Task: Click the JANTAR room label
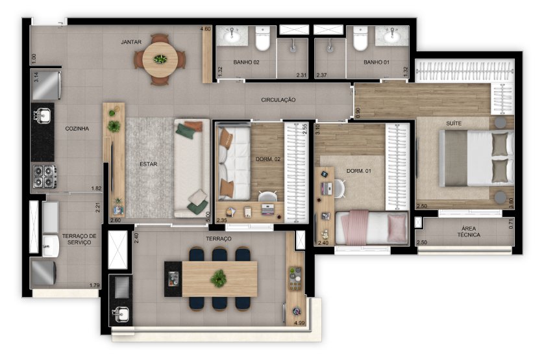click(131, 42)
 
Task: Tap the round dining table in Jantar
click(160, 59)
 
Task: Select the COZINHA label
click(77, 129)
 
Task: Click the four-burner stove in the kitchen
click(45, 176)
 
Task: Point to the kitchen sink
click(42, 115)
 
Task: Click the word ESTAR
click(149, 164)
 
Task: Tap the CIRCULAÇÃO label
click(278, 100)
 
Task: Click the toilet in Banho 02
click(263, 38)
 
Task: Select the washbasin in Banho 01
click(392, 36)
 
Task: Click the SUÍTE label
click(454, 123)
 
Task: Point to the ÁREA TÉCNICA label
click(469, 231)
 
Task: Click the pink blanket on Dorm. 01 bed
click(355, 227)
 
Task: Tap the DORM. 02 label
click(268, 159)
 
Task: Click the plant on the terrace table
click(219, 278)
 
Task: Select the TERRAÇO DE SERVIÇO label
click(79, 239)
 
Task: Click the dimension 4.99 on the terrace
click(299, 323)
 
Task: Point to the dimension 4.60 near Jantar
click(205, 29)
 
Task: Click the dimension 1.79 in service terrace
click(94, 285)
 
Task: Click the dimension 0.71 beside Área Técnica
click(511, 224)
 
